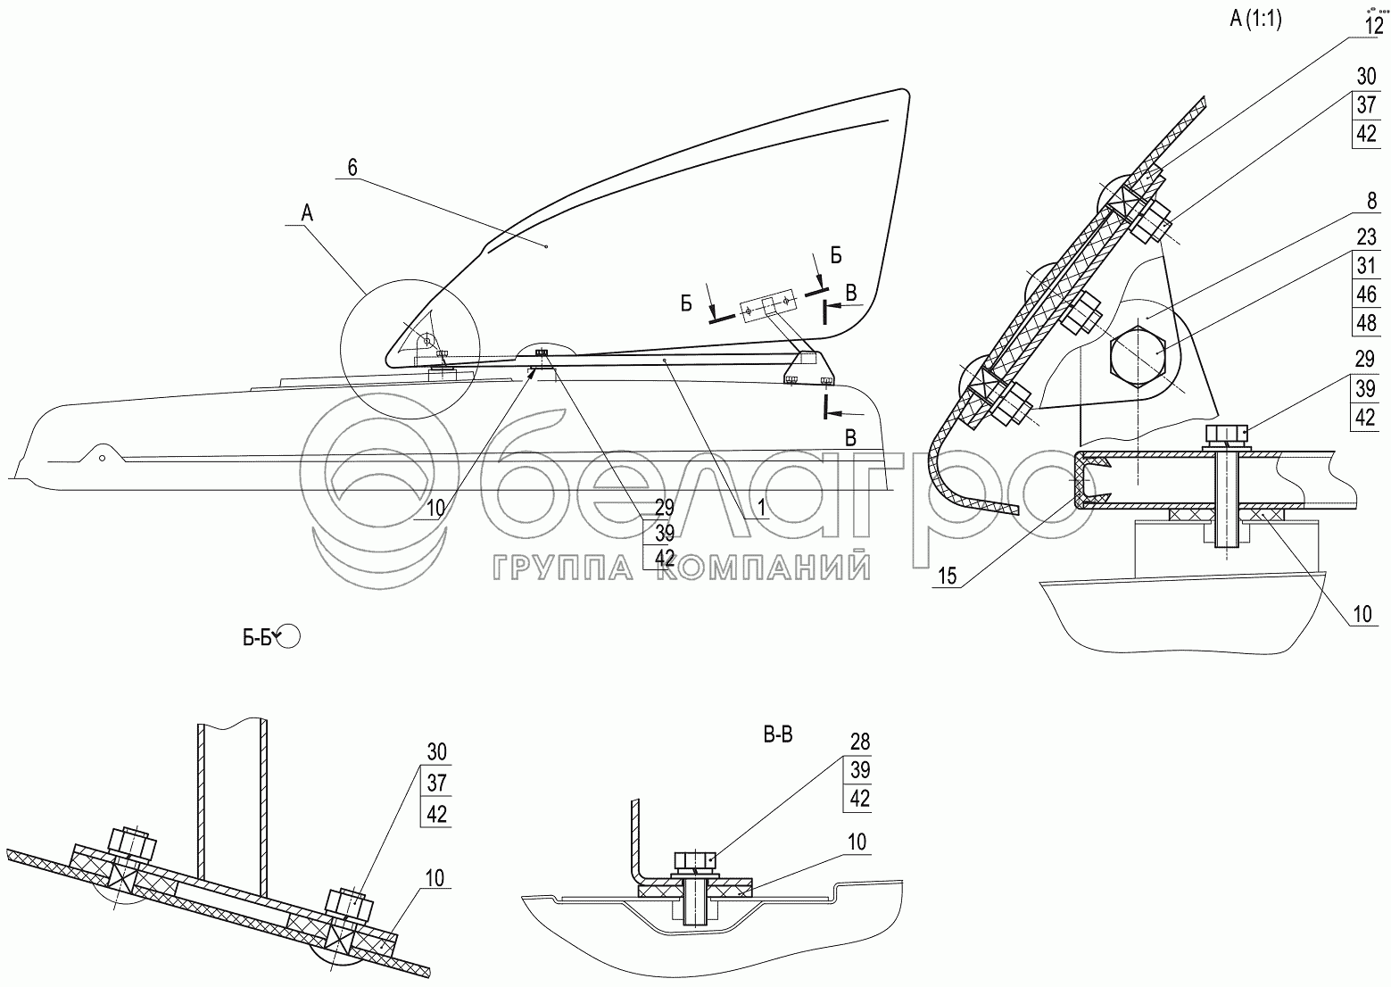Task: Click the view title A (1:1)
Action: pyautogui.click(x=1255, y=21)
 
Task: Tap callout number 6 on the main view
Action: pyautogui.click(x=352, y=167)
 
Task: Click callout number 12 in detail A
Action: pyautogui.click(x=1373, y=26)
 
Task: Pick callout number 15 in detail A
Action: pyautogui.click(x=947, y=576)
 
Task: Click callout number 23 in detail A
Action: pyautogui.click(x=1366, y=238)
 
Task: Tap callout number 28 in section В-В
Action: pyautogui.click(x=859, y=742)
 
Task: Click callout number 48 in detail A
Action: pyautogui.click(x=1366, y=322)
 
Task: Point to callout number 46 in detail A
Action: pyautogui.click(x=1366, y=294)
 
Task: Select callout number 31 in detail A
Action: pyautogui.click(x=1366, y=266)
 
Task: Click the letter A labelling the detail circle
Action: pyautogui.click(x=307, y=212)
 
